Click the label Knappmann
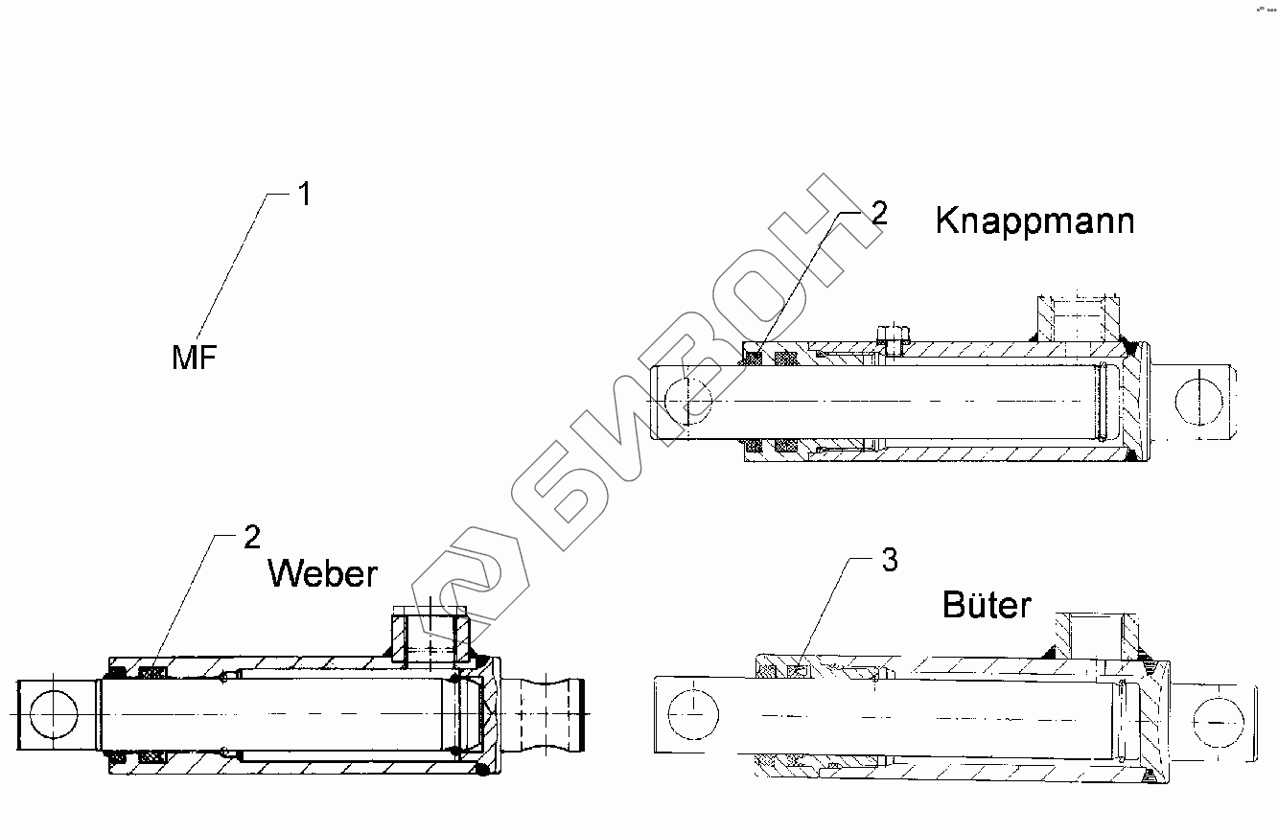tap(1034, 221)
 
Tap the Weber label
tap(322, 573)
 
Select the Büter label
tap(987, 605)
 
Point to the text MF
tap(195, 359)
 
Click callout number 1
tap(303, 195)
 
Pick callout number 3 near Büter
tap(890, 561)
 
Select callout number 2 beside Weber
tap(251, 537)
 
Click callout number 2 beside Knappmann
tap(878, 214)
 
